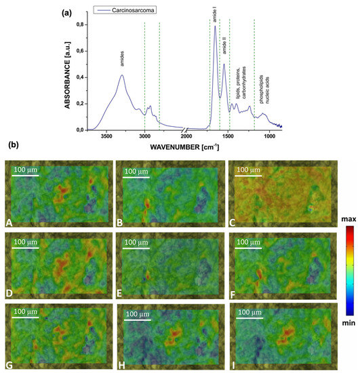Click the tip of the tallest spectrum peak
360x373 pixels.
click(215, 26)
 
